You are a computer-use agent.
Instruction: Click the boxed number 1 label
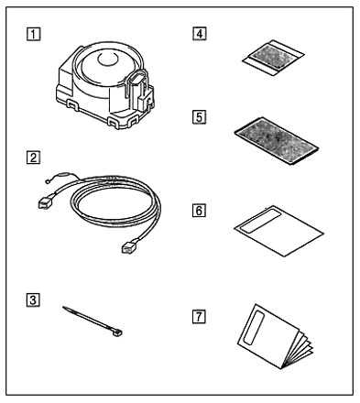[x=33, y=34]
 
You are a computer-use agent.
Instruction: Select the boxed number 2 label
[x=33, y=158]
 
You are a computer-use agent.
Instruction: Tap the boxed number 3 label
[x=33, y=300]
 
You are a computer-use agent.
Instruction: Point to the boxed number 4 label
[x=200, y=33]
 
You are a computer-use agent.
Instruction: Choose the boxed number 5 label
[x=200, y=117]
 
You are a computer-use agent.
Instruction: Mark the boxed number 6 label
[x=199, y=211]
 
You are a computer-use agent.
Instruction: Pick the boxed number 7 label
[x=199, y=316]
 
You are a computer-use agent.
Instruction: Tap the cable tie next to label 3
[x=93, y=321]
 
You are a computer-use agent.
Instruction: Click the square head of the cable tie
[x=118, y=333]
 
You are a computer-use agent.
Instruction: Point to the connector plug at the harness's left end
[x=46, y=202]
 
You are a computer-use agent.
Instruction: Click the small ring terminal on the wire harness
[x=47, y=182]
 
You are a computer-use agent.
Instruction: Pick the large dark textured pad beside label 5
[x=277, y=141]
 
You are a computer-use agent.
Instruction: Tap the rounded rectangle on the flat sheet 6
[x=260, y=221]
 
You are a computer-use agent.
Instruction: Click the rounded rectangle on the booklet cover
[x=254, y=328]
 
